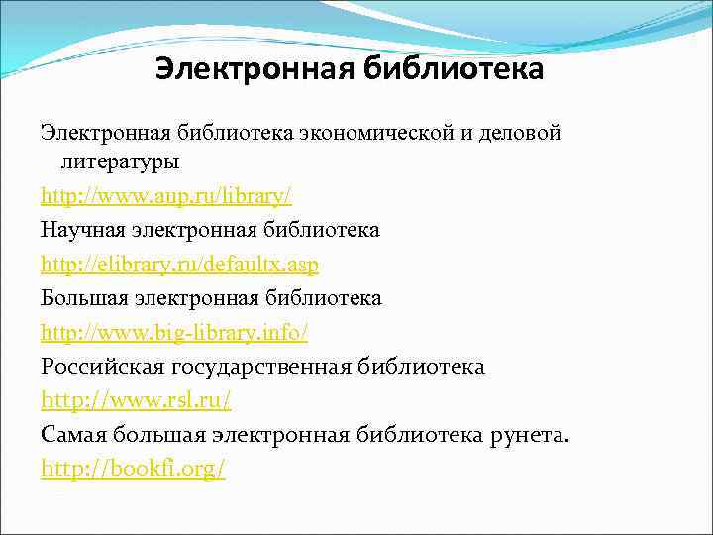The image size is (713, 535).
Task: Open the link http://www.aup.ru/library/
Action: click(166, 195)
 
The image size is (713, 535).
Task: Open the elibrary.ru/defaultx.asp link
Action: click(180, 265)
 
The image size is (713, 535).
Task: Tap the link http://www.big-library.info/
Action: click(181, 333)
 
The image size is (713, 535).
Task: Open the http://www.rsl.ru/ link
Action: click(137, 401)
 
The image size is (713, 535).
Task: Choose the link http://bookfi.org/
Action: click(134, 470)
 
